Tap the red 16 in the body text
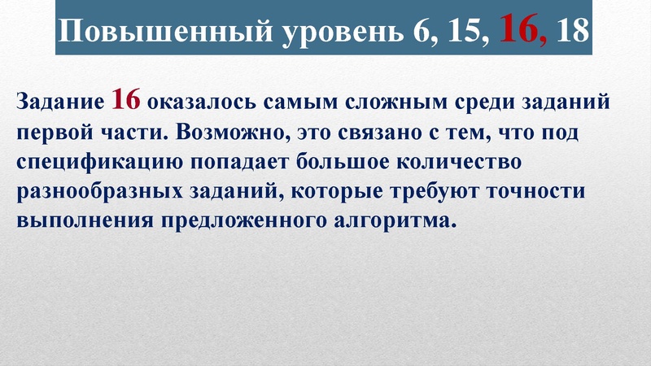click(x=127, y=101)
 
